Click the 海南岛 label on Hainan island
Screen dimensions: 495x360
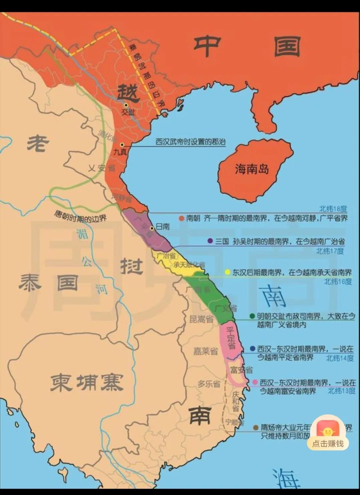[x=252, y=169]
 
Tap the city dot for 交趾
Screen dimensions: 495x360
[x=126, y=105]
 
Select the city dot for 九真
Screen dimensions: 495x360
[x=122, y=145]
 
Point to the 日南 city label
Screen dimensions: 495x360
[x=162, y=227]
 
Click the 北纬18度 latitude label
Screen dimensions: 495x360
[x=333, y=209]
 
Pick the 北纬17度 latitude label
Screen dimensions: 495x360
[x=330, y=251]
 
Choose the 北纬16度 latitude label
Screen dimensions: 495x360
[x=338, y=281]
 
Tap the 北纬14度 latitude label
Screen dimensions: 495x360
[x=340, y=358]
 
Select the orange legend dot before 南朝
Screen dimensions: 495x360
[x=182, y=219]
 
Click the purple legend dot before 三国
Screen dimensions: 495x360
[x=210, y=241]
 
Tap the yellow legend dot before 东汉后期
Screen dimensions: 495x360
[x=228, y=272]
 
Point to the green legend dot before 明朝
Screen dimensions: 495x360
[x=252, y=316]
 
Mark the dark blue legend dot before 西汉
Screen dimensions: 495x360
[x=253, y=349]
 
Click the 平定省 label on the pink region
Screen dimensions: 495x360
[x=231, y=337]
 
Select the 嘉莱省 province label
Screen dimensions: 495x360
[x=205, y=351]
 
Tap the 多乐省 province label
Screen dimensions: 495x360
[x=209, y=384]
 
